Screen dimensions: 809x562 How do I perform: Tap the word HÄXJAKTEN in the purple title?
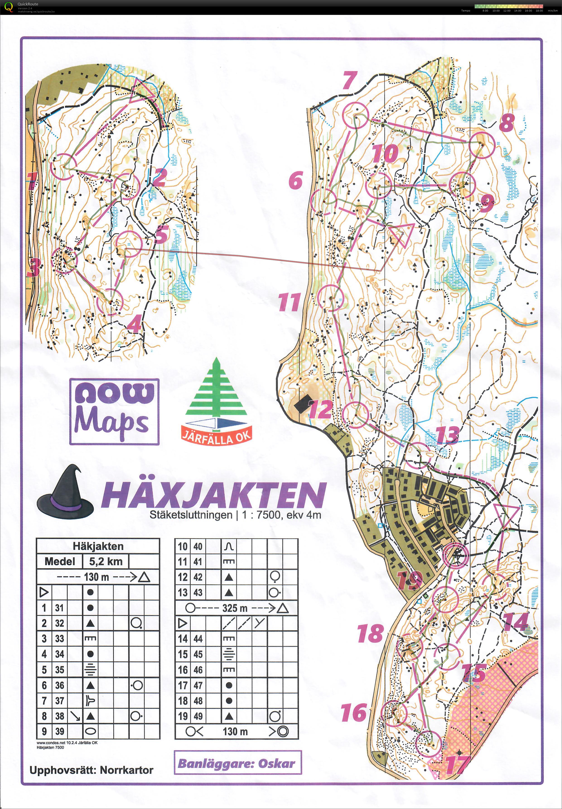pyautogui.click(x=214, y=495)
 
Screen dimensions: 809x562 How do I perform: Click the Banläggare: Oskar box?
pyautogui.click(x=237, y=763)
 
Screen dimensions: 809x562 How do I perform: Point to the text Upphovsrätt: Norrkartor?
pyautogui.click(x=92, y=770)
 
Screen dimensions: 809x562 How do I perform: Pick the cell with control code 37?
pyautogui.click(x=60, y=700)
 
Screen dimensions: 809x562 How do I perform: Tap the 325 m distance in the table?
pyautogui.click(x=235, y=608)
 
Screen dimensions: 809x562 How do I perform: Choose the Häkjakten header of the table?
pyautogui.click(x=98, y=546)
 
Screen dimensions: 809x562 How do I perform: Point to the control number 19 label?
pyautogui.click(x=410, y=581)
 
